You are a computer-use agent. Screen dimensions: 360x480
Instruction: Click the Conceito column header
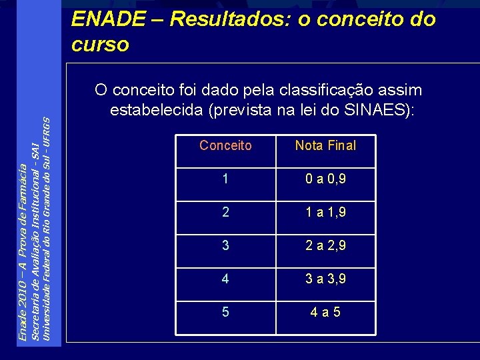coord(225,145)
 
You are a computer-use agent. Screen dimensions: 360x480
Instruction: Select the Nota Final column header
coord(325,145)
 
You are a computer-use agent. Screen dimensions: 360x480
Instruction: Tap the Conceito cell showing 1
coord(225,179)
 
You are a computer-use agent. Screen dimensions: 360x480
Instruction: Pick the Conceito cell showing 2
coord(225,213)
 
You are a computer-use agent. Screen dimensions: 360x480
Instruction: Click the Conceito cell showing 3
coord(225,245)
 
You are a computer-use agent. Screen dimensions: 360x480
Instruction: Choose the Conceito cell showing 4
coord(225,278)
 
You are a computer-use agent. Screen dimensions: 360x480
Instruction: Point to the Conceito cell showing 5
coord(225,311)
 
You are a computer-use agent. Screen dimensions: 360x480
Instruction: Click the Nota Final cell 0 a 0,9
coord(325,179)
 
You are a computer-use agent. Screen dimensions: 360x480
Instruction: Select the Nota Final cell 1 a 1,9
coord(325,213)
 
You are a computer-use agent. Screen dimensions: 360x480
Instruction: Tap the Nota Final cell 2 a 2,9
coord(325,245)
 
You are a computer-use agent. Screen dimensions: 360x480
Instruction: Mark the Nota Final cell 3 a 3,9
coord(325,278)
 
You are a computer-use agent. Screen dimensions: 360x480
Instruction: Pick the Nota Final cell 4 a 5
coord(325,311)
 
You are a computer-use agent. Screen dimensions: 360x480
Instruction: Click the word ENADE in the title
coord(107,19)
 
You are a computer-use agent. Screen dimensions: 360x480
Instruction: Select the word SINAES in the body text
coord(377,110)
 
